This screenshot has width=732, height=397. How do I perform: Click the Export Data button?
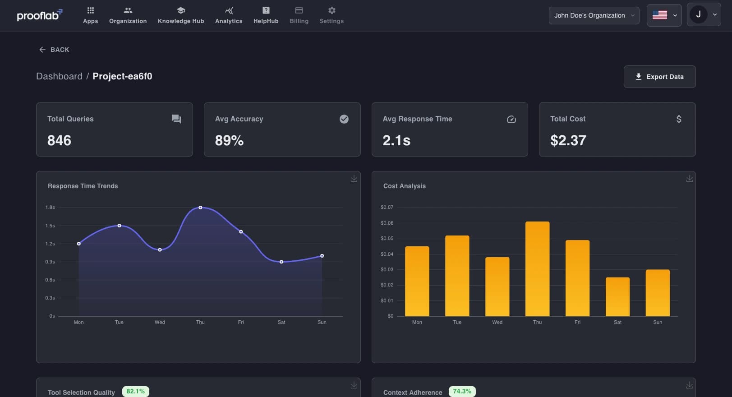[659, 77]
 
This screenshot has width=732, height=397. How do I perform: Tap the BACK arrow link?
[54, 50]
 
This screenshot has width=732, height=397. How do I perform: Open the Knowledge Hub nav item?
[181, 15]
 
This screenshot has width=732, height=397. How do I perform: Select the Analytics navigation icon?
[229, 10]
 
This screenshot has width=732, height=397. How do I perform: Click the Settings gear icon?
[331, 10]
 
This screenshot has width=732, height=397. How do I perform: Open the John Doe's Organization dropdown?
[594, 15]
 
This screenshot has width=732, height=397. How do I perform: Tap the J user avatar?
[698, 14]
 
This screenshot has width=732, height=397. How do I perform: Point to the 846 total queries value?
[59, 140]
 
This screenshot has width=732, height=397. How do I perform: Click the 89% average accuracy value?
[229, 140]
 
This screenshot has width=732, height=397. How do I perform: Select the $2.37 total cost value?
[568, 140]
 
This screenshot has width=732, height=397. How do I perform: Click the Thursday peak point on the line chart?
[200, 208]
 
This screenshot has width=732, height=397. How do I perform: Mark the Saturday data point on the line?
[281, 262]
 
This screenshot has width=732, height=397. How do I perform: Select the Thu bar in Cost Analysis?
[537, 268]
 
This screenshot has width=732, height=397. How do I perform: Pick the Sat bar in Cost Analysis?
[617, 296]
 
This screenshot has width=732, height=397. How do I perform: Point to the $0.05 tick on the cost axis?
[387, 238]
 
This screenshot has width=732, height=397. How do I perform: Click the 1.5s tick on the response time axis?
[50, 226]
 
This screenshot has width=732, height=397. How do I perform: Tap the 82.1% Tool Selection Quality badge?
[135, 391]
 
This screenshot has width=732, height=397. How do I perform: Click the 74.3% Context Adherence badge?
[462, 391]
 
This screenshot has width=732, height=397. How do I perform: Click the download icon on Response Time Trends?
[354, 179]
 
